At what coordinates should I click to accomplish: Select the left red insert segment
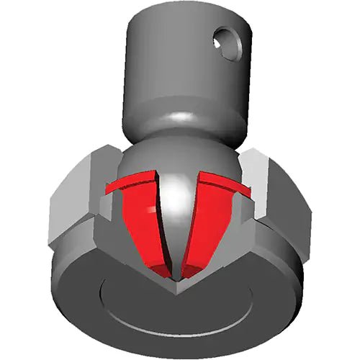click(141, 223)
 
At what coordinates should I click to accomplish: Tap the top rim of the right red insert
click(223, 183)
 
